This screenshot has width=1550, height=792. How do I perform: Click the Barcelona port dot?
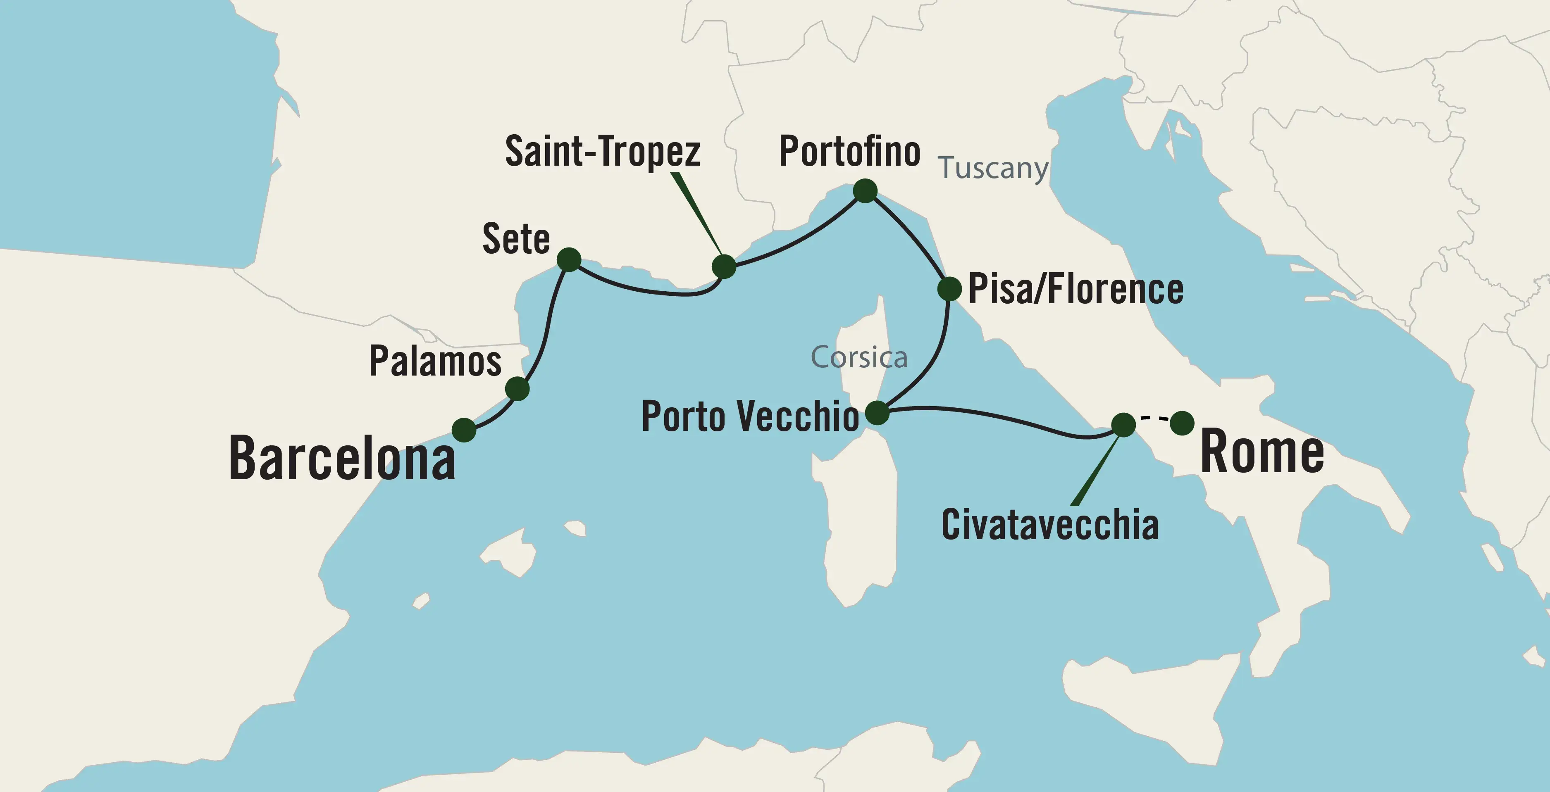tap(464, 430)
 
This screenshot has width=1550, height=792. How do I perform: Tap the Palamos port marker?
tap(517, 388)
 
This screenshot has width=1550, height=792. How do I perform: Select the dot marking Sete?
tap(569, 260)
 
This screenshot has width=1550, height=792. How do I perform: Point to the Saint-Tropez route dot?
tap(724, 266)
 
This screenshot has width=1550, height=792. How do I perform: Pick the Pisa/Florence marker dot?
tap(949, 289)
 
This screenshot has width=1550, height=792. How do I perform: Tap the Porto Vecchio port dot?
tap(877, 413)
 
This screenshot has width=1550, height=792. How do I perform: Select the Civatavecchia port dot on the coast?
tap(1123, 425)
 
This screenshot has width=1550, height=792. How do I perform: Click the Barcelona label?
tap(342, 459)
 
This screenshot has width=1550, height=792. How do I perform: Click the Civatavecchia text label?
tap(1049, 525)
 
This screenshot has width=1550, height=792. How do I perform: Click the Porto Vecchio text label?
tap(750, 416)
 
